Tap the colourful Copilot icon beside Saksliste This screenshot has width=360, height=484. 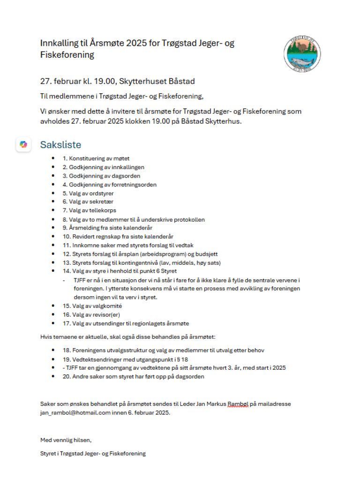click(x=23, y=144)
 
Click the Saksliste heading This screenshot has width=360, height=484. click(x=60, y=144)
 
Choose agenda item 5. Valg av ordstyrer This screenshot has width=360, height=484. click(x=88, y=193)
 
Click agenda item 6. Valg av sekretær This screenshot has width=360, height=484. click(x=87, y=201)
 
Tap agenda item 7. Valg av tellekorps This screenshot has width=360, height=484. click(x=90, y=210)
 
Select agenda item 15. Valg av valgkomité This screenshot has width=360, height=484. click(x=92, y=306)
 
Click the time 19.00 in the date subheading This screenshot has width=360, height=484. click(x=103, y=81)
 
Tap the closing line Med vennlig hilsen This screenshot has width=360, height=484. click(x=66, y=440)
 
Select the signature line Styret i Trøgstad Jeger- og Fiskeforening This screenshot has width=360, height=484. click(x=93, y=453)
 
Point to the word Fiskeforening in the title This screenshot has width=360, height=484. click(x=67, y=55)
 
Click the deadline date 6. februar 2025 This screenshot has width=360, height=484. click(x=149, y=413)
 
